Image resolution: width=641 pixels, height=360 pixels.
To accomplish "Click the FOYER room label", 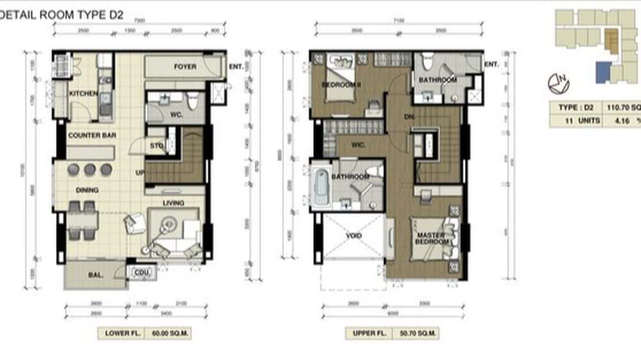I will (185, 66).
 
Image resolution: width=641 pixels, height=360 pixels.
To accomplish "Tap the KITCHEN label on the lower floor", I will (83, 94).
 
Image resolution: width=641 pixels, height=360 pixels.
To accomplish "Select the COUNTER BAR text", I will (92, 136).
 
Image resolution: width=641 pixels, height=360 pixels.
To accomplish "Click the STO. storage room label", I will (157, 145).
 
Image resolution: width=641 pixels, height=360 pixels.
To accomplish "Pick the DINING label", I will (87, 190).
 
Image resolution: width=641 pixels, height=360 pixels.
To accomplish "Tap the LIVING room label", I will (173, 203).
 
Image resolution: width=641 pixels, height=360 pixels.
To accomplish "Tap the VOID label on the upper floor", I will (353, 236).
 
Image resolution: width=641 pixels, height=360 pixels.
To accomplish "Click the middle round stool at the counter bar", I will (90, 169).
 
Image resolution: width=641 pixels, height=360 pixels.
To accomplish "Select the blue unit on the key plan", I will (603, 72).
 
